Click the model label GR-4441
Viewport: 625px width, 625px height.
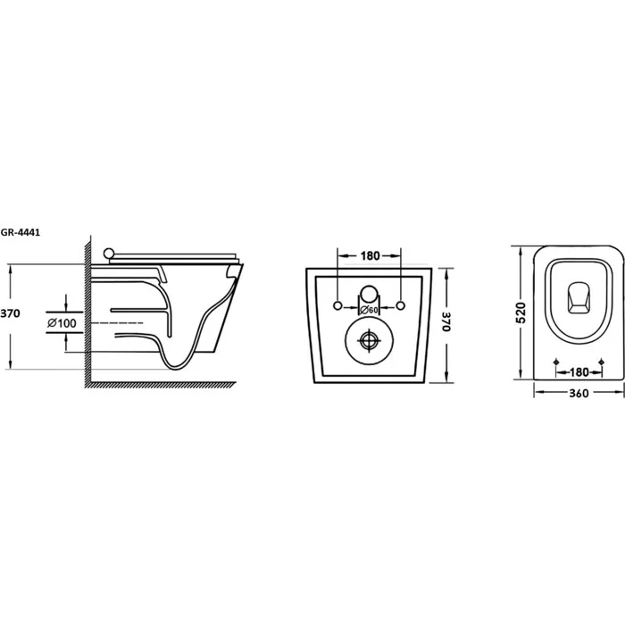(x=20, y=233)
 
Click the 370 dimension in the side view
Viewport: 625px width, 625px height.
(x=10, y=313)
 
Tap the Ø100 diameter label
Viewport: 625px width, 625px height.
(x=62, y=323)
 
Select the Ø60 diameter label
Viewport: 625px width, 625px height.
(x=369, y=310)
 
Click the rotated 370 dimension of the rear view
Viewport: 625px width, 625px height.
(x=446, y=321)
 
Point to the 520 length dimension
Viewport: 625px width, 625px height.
(x=521, y=312)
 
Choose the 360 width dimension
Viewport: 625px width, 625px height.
(x=579, y=394)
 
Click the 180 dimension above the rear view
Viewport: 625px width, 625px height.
(x=370, y=256)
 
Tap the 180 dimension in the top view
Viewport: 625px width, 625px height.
(x=579, y=372)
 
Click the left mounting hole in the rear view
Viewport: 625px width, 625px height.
(x=337, y=305)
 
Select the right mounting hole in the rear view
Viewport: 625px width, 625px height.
(x=401, y=305)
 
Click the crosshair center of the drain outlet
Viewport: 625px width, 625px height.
(x=369, y=340)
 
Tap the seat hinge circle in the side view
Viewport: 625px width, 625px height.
(x=108, y=254)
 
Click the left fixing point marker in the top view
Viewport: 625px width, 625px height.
(x=557, y=362)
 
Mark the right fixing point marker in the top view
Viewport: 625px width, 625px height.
(x=602, y=362)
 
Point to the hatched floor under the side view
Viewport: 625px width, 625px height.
(x=160, y=385)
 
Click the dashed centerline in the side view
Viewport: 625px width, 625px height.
(x=118, y=322)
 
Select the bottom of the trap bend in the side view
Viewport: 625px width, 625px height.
(x=178, y=367)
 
